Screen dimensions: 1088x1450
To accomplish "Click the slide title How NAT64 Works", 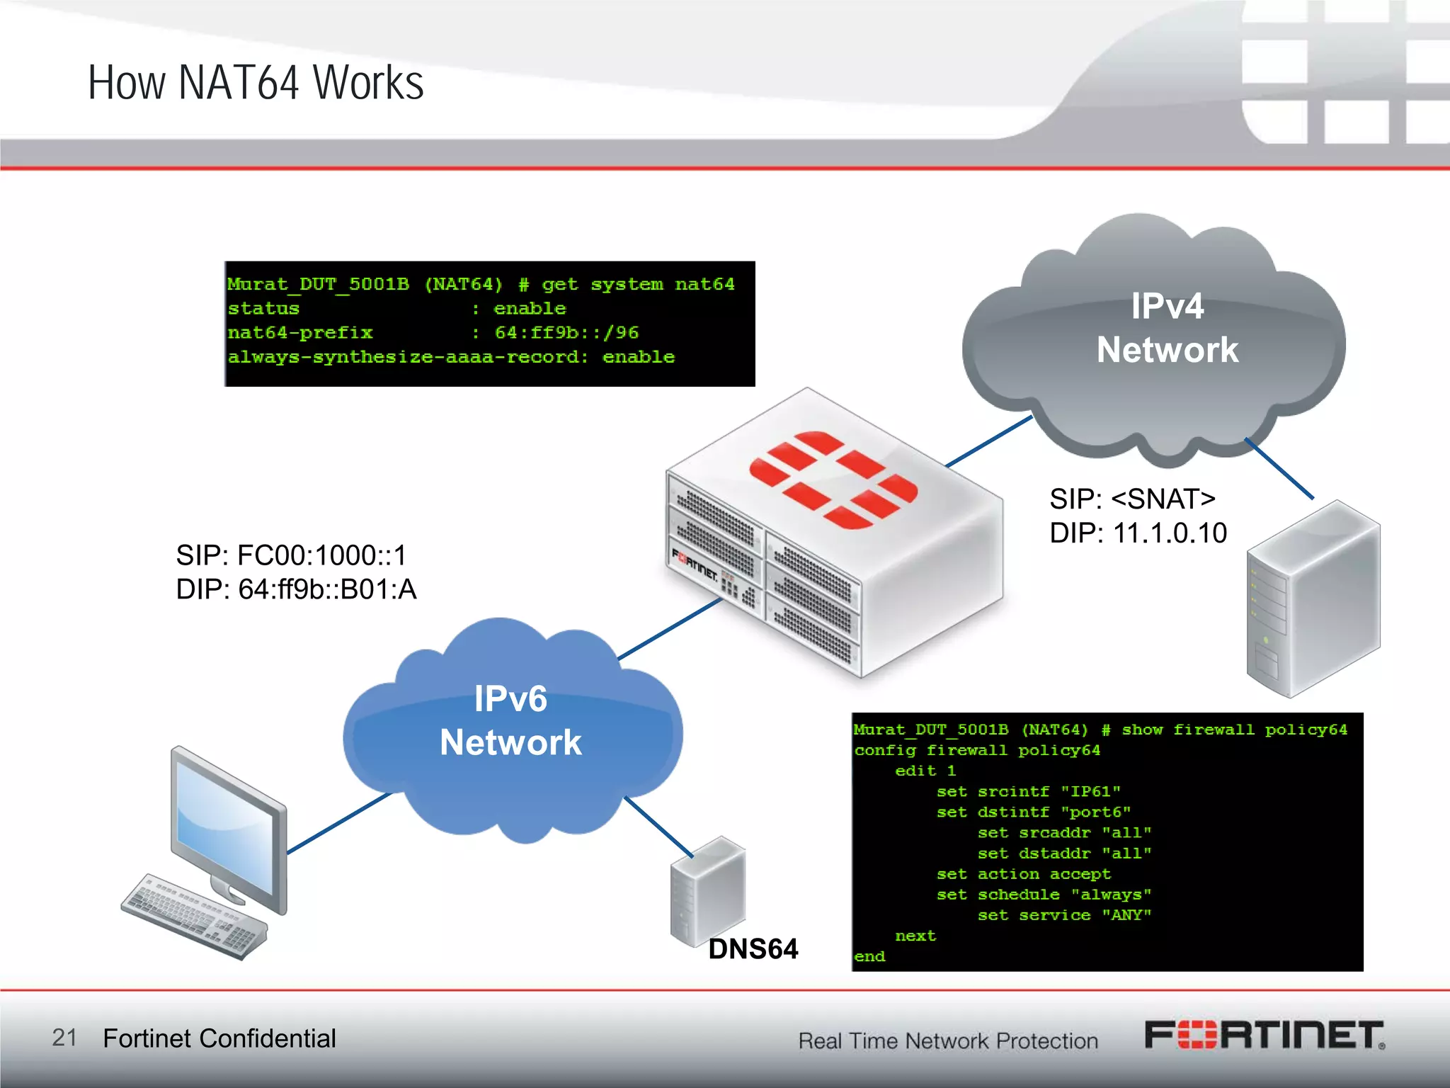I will [x=256, y=83].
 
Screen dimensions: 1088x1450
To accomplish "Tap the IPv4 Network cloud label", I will [x=1167, y=328].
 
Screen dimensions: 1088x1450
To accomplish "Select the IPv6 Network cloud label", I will [x=510, y=720].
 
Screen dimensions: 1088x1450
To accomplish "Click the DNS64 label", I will [x=753, y=949].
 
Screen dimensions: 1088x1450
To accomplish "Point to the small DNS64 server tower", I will [x=707, y=891].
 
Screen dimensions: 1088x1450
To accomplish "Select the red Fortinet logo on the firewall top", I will [x=833, y=480].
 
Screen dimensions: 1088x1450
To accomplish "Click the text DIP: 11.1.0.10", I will [x=1138, y=533].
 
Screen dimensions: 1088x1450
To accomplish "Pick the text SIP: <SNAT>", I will [x=1132, y=499].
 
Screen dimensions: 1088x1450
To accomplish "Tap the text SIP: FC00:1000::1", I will [x=291, y=556].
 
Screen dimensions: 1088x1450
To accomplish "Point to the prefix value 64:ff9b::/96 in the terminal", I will [x=566, y=333].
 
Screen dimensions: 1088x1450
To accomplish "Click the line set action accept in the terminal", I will [x=1023, y=875].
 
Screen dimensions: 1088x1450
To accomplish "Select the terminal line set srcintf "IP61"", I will [x=1028, y=792].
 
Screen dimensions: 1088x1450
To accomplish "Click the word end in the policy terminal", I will [x=869, y=957].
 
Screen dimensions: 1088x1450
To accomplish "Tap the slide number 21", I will [x=64, y=1038].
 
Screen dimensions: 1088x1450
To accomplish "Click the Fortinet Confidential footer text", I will [x=219, y=1038].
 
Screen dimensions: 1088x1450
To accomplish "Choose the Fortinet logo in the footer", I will [x=1265, y=1035].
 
